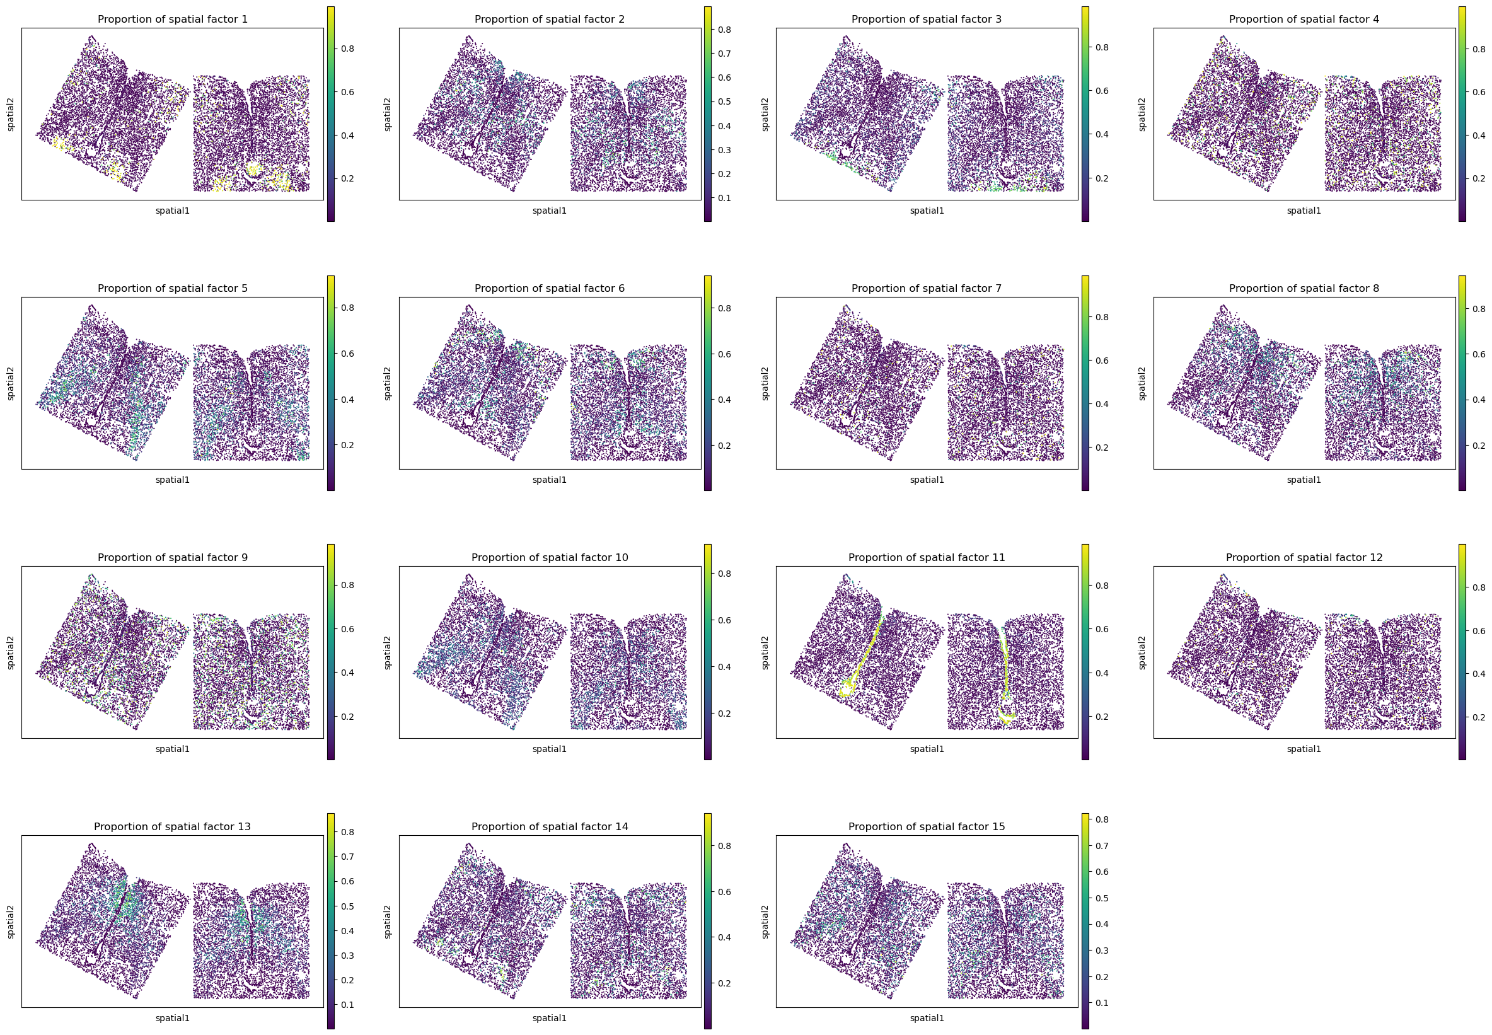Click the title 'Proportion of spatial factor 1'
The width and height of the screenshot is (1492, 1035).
tap(173, 20)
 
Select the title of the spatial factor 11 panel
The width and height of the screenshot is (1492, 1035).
tap(927, 558)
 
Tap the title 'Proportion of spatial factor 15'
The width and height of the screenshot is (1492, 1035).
tap(927, 827)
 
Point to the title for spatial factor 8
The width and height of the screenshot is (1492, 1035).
tap(1304, 289)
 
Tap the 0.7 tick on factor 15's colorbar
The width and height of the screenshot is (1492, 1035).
tap(1101, 846)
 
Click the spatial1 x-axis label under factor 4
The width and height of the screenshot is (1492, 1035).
tap(1304, 211)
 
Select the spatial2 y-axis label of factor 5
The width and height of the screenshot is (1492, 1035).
tap(11, 383)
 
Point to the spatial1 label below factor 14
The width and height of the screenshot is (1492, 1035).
tap(550, 1018)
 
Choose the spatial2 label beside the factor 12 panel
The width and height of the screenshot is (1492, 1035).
tap(1143, 652)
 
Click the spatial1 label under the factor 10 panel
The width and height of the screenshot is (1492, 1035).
tap(550, 749)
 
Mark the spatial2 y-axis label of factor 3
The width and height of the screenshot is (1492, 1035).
tap(765, 114)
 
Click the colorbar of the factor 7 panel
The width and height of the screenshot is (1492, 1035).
tap(1085, 383)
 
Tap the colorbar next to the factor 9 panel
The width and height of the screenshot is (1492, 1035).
tap(331, 652)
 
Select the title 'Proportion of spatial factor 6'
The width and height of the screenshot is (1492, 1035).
tap(550, 289)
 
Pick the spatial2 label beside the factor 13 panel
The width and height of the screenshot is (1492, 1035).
tap(11, 922)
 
